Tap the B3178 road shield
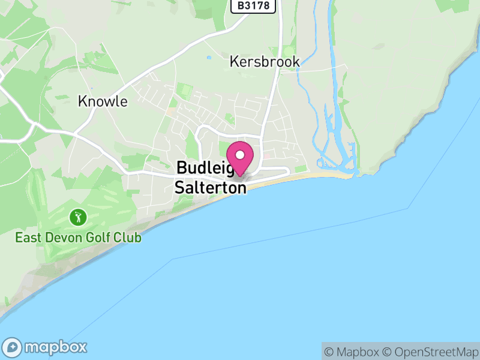pyautogui.click(x=253, y=6)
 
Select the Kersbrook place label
pyautogui.click(x=265, y=62)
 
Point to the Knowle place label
pyautogui.click(x=103, y=101)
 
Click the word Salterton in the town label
pyautogui.click(x=210, y=188)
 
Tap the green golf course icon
pyautogui.click(x=77, y=217)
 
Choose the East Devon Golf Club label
pyautogui.click(x=79, y=238)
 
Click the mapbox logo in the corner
pyautogui.click(x=46, y=347)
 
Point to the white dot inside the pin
pyautogui.click(x=241, y=154)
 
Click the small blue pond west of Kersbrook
pyautogui.click(x=208, y=58)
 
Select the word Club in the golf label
pyautogui.click(x=127, y=238)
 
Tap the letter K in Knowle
pyautogui.click(x=82, y=101)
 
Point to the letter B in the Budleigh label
pyautogui.click(x=181, y=169)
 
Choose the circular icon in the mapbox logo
pyautogui.click(x=13, y=347)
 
